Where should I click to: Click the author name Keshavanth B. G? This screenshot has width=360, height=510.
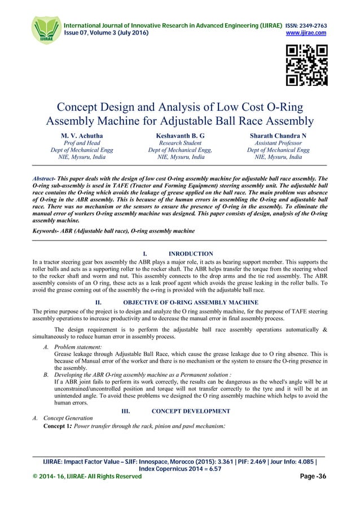pos(179,136)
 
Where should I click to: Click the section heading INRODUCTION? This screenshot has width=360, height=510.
pos(191,254)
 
